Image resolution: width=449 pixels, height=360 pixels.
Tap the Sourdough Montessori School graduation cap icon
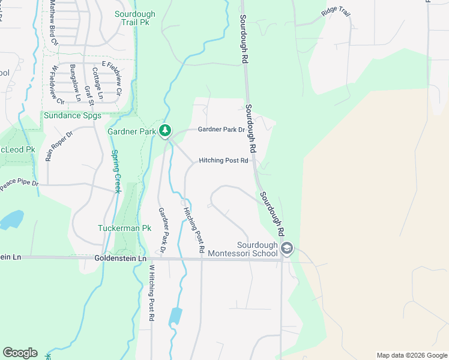(x=287, y=249)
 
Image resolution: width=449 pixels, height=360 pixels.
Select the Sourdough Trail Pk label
(x=135, y=18)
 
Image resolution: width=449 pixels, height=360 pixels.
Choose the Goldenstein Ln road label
(x=121, y=258)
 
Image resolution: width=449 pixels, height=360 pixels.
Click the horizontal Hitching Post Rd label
(x=223, y=161)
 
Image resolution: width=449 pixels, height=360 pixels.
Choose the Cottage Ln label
(x=97, y=83)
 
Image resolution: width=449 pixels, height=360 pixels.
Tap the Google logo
(x=20, y=353)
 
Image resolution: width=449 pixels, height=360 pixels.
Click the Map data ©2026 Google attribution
(x=411, y=355)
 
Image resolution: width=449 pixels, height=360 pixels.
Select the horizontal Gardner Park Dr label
(x=221, y=130)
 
